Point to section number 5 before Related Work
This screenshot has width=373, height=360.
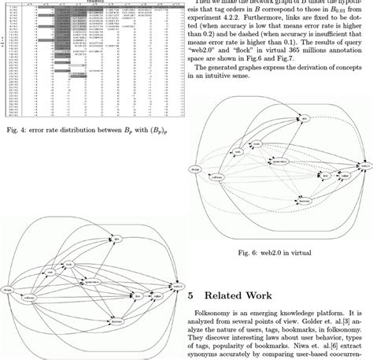point(194,295)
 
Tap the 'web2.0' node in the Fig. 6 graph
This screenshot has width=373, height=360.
point(364,166)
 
